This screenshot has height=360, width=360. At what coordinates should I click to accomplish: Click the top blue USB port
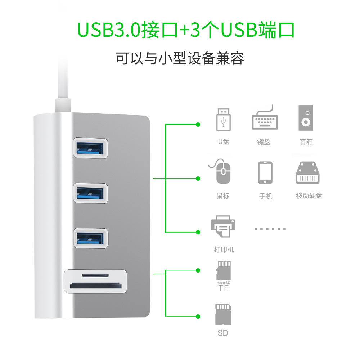91,148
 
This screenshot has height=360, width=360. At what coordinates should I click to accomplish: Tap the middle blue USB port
91,193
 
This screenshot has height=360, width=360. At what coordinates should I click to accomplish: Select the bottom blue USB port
91,238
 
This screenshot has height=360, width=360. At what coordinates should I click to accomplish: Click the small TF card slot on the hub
95,275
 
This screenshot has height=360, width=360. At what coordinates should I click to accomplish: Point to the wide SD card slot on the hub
95,287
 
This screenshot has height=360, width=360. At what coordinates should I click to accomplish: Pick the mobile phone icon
265,173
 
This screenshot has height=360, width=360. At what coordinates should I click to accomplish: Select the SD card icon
223,314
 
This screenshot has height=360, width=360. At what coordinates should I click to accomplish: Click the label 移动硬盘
309,196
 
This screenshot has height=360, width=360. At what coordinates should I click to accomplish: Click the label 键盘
264,142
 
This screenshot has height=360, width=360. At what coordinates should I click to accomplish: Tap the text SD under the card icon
223,333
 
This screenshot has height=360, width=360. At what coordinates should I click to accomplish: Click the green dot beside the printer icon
198,231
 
